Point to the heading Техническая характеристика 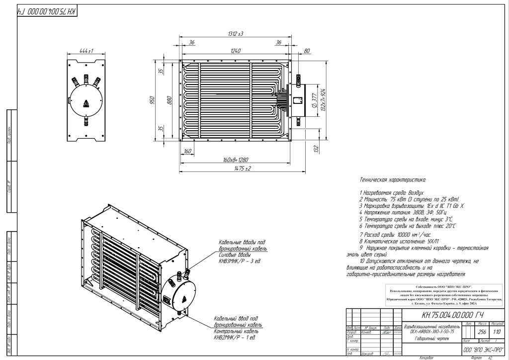pos(393,178)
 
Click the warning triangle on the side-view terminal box pos(87,103)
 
